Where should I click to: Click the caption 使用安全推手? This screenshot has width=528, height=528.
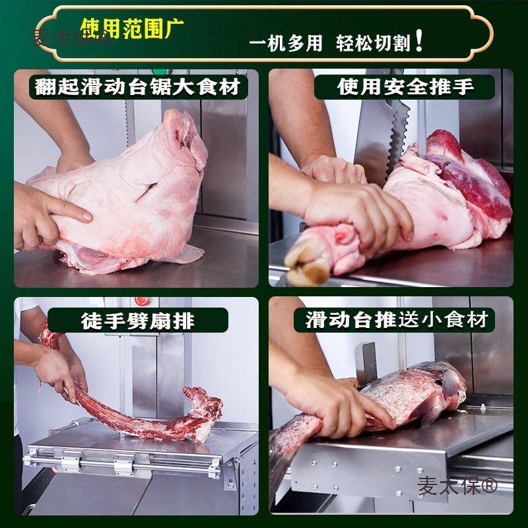pyautogui.click(x=404, y=86)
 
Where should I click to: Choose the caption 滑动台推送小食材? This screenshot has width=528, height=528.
pyautogui.click(x=397, y=320)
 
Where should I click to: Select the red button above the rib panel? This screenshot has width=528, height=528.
pyautogui.click(x=139, y=302)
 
